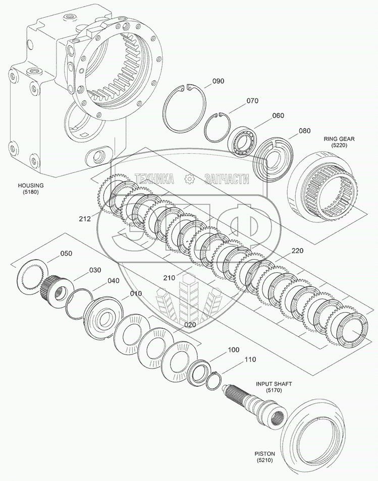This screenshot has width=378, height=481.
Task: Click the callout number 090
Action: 218,81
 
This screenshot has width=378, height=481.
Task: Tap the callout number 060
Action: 278,115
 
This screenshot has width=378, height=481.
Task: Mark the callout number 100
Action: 233,349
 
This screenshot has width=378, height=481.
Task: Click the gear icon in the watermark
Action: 189,178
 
